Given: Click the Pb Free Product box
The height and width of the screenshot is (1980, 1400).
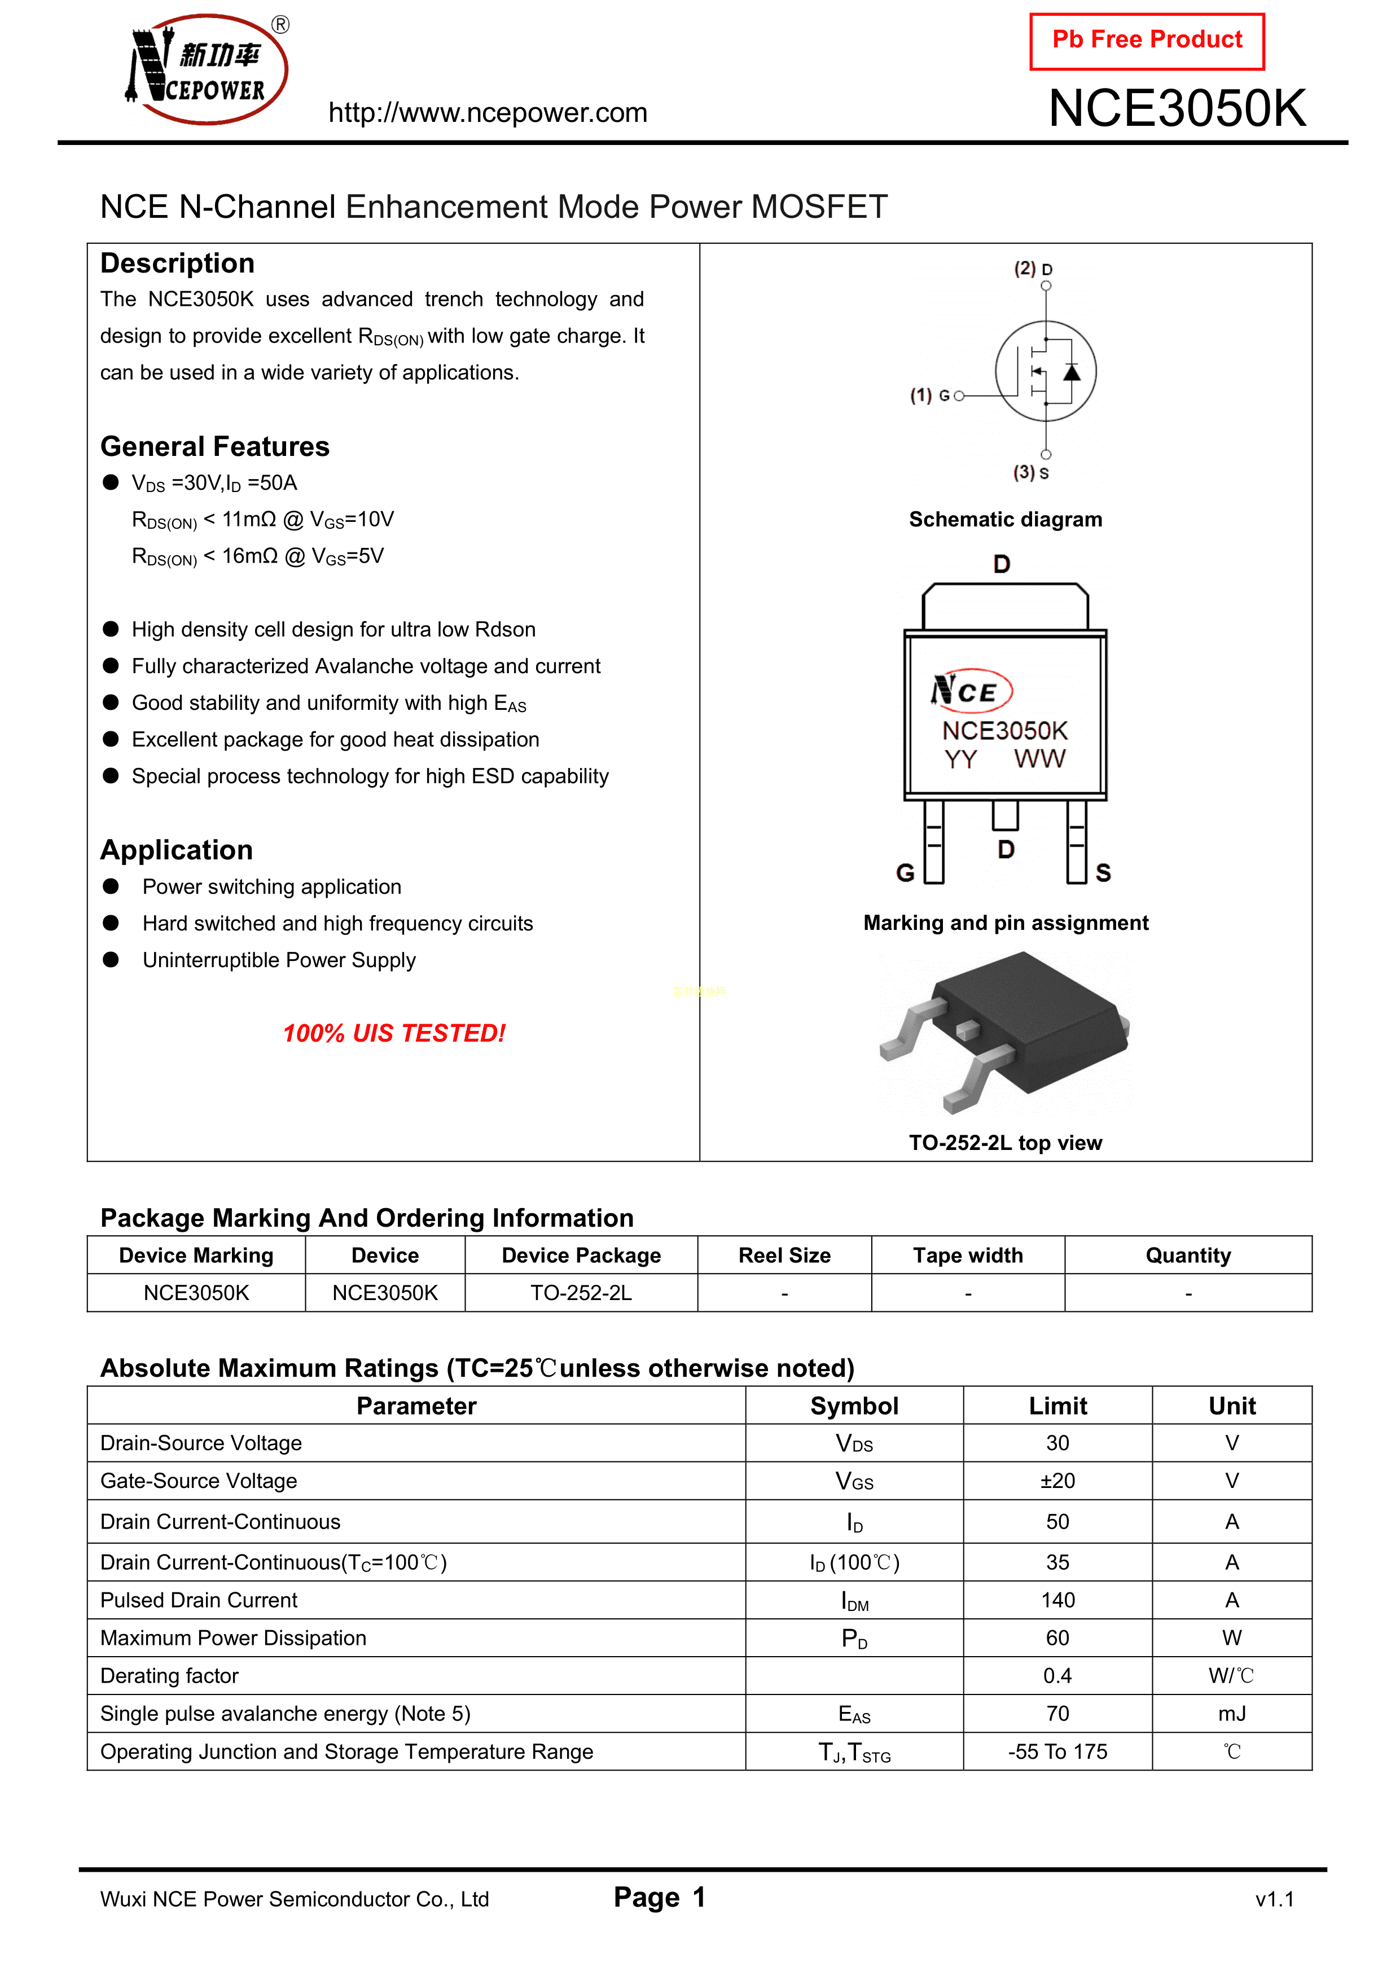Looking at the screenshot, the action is coord(1147,41).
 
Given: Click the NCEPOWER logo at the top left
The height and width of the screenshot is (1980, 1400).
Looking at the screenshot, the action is coord(207,69).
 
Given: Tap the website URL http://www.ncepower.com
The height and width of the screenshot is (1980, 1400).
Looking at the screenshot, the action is coord(488,113).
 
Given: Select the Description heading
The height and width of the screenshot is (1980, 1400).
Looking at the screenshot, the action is coord(178,263).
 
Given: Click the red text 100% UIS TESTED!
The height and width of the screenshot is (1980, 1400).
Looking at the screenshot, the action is coord(394,1033).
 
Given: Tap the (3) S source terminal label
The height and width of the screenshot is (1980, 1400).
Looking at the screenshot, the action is coord(1031,473).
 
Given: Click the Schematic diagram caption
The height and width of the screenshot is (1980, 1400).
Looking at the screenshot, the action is coord(1006,519).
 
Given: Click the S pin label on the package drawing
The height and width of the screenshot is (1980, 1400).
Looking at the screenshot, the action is coord(1103,873).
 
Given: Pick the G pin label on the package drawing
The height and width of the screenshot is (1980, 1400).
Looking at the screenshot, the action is coord(906,873).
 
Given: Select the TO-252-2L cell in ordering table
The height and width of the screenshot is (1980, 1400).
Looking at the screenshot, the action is coord(581,1293).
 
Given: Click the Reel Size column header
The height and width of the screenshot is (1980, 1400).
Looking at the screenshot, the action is coord(784,1255).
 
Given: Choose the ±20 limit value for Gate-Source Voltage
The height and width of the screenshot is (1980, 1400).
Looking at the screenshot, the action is coord(1057,1481).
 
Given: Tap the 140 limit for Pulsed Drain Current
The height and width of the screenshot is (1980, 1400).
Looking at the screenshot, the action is coord(1057,1601).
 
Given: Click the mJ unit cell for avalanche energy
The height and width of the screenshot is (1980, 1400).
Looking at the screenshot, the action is coord(1232,1714).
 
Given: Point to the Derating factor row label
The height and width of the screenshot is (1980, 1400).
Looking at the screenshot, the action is coord(169,1676).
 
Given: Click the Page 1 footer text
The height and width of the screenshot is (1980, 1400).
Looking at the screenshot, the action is coord(660,1897).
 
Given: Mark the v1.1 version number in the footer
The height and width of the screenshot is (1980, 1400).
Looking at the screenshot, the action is coord(1275,1899).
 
